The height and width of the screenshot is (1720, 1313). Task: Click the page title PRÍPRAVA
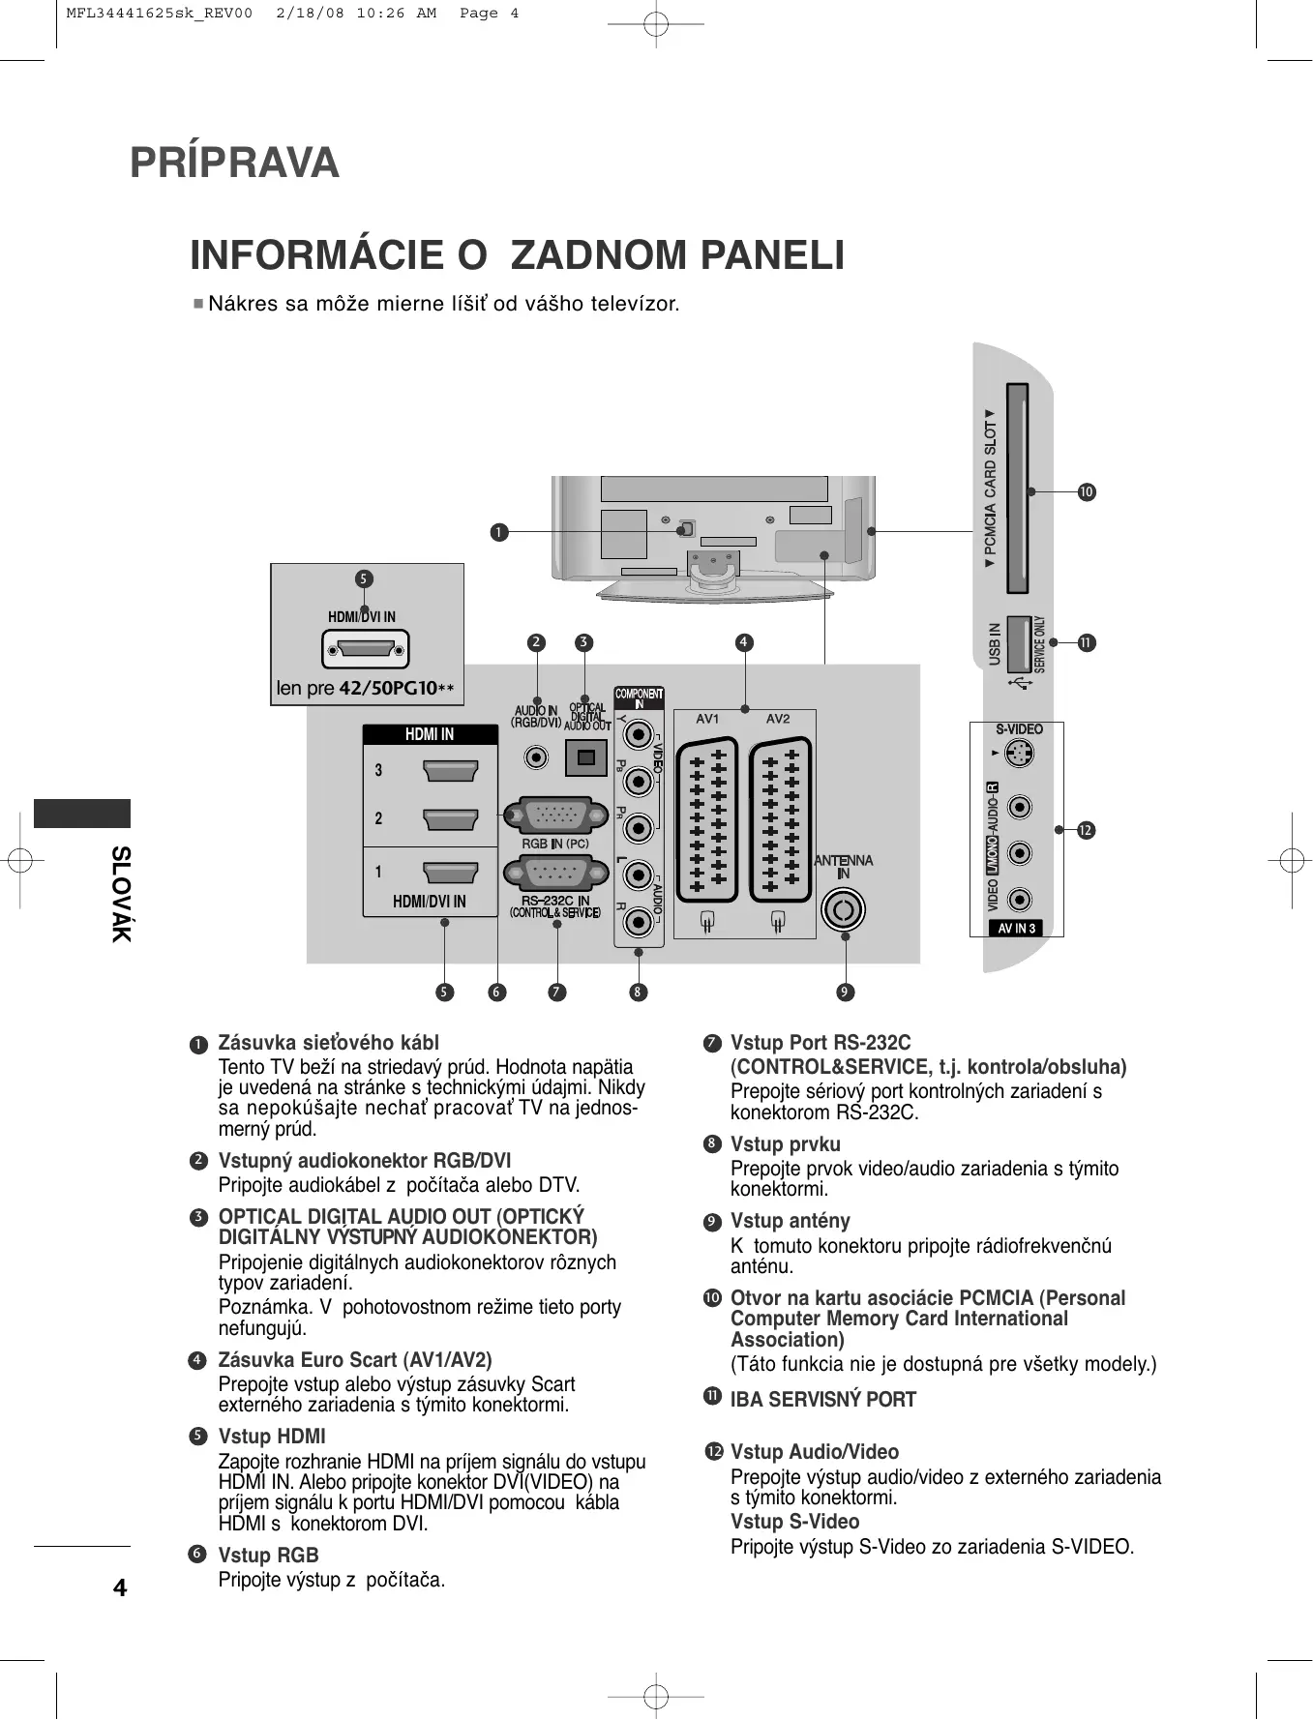(x=234, y=163)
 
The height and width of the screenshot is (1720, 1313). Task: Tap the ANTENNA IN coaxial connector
(x=843, y=909)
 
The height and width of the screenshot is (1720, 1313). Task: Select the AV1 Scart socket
(x=707, y=820)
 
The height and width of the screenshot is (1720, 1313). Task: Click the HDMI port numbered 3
(x=451, y=771)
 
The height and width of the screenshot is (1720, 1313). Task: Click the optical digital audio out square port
(x=585, y=757)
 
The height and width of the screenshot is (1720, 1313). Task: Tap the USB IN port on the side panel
(x=1019, y=644)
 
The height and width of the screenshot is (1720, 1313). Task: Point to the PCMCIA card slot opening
(x=1017, y=489)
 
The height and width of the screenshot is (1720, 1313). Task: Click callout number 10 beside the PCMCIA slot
(x=1087, y=492)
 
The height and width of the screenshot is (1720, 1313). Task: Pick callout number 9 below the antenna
(x=845, y=993)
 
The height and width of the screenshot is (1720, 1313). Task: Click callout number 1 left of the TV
(x=498, y=532)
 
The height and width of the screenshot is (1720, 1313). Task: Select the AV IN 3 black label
(x=1016, y=929)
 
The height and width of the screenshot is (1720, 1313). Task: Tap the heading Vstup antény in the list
(x=790, y=1221)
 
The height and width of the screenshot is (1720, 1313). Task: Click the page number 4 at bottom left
(x=120, y=1587)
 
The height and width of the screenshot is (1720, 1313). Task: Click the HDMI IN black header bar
(x=430, y=734)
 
